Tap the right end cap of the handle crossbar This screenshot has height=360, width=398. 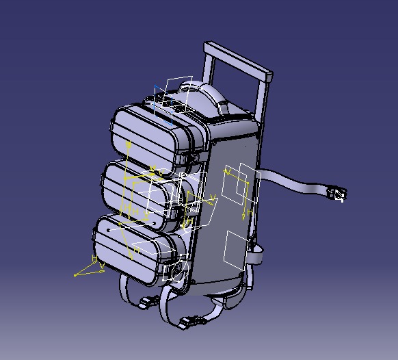[x=270, y=76]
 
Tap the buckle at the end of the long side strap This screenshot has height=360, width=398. [x=336, y=194]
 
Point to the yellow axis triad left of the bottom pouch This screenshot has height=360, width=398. [x=88, y=268]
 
